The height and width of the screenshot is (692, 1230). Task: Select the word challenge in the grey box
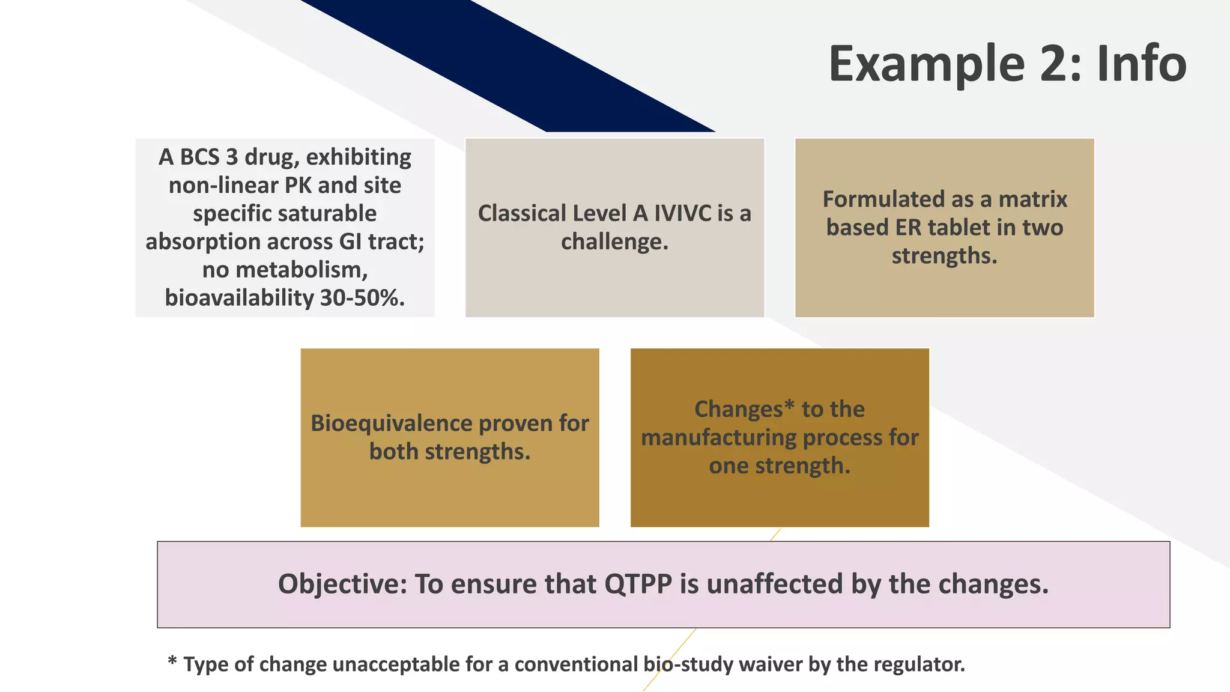[x=613, y=242]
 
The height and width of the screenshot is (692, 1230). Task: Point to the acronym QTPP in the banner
[x=638, y=584]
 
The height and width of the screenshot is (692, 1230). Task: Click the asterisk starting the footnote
[x=172, y=661]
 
